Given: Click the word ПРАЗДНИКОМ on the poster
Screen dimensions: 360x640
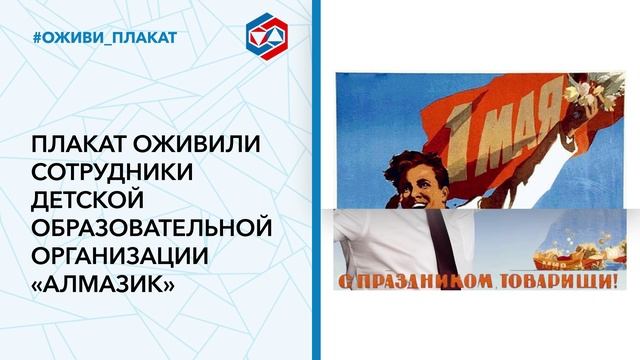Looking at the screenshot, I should (x=412, y=278).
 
